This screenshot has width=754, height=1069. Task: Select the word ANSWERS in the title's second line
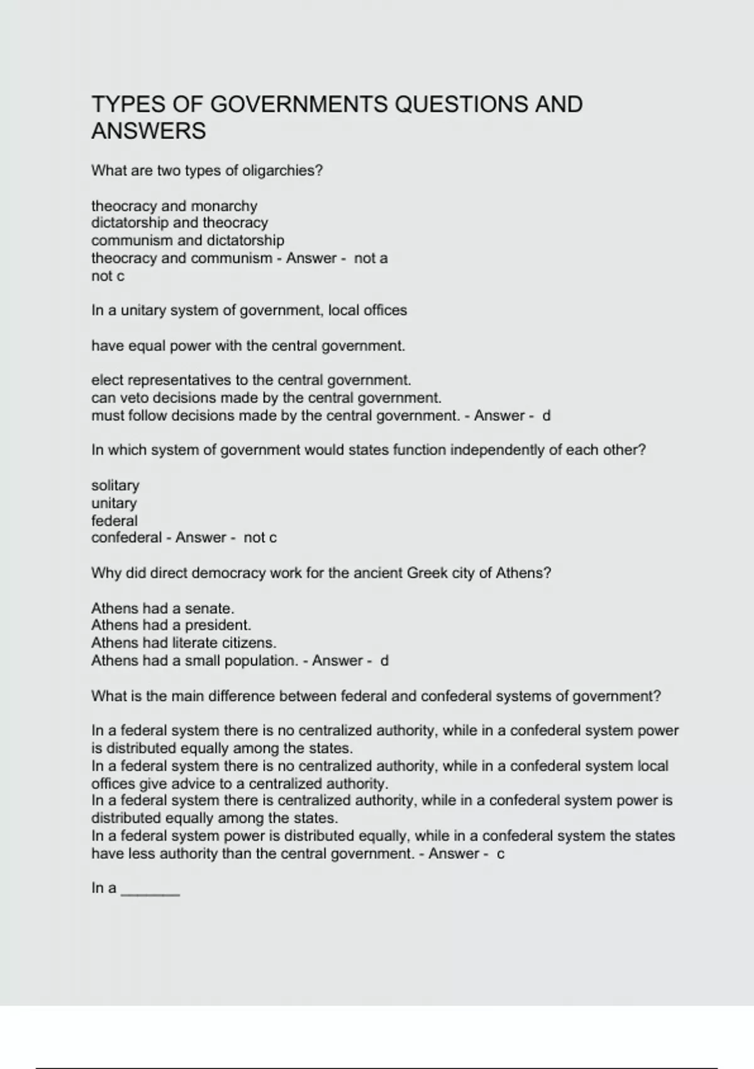tap(148, 131)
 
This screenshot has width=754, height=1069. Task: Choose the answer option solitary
tap(115, 485)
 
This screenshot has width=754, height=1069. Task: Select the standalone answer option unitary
tap(114, 503)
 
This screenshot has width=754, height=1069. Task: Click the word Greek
tap(424, 573)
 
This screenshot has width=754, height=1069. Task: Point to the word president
tap(217, 626)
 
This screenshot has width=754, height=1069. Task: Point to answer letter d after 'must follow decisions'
tap(546, 416)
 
